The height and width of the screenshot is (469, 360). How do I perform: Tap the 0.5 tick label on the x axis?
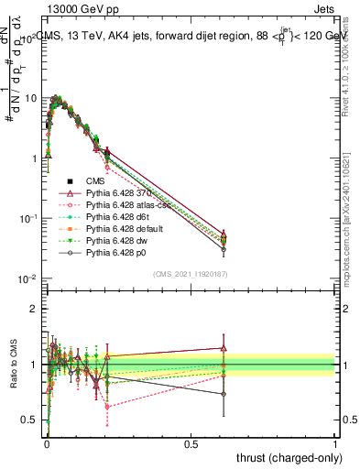[191, 443]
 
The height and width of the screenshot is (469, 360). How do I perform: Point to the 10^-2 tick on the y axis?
[27, 278]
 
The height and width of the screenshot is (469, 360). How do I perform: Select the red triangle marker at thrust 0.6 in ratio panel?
[223, 348]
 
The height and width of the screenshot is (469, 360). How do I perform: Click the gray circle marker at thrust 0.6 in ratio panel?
[223, 394]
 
